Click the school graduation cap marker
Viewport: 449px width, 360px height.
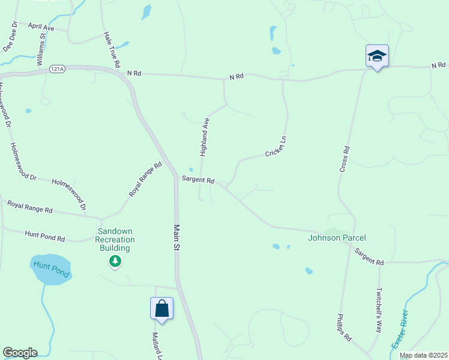[377, 56]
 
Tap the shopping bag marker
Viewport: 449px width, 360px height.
[161, 308]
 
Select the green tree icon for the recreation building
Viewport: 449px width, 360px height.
[115, 261]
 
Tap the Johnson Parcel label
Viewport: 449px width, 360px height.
[337, 238]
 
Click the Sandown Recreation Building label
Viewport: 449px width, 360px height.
[115, 239]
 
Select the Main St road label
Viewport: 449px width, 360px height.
[176, 237]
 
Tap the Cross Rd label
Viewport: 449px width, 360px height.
[345, 159]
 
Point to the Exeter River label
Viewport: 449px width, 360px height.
[399, 329]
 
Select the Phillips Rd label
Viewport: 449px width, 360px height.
[344, 328]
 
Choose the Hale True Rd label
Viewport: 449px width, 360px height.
[112, 50]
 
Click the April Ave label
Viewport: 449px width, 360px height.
[41, 27]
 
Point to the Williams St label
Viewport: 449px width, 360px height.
[41, 49]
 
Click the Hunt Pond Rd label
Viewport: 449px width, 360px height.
[44, 236]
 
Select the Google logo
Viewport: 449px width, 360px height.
[20, 353]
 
